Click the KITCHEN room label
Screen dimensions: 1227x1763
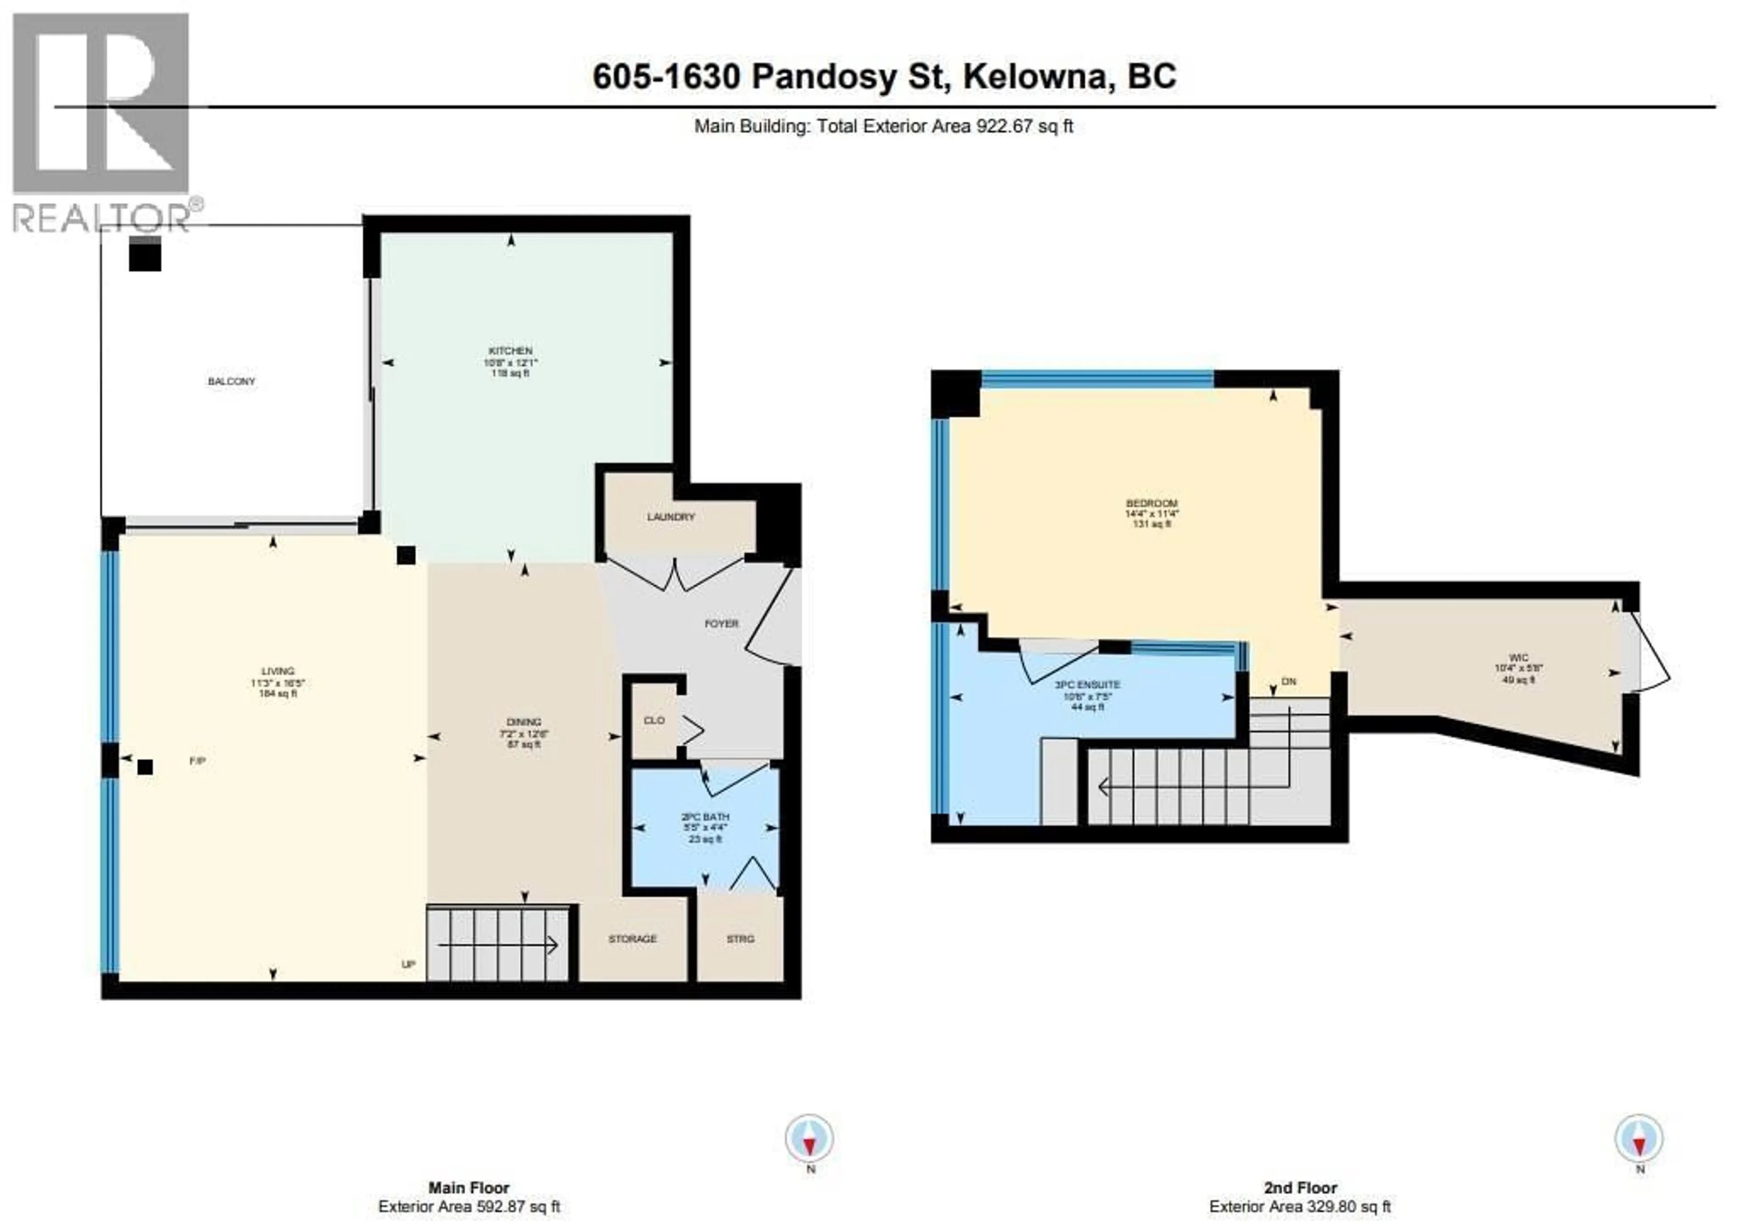click(x=510, y=351)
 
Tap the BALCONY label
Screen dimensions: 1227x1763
click(x=231, y=381)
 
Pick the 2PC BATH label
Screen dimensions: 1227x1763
click(x=705, y=817)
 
